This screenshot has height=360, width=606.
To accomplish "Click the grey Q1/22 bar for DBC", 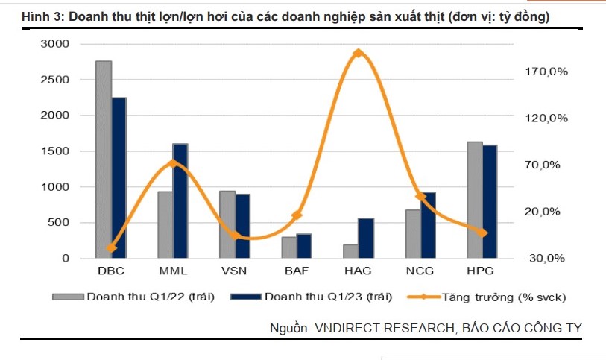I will click(104, 160).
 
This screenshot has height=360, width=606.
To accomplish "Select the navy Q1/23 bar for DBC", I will click(119, 178).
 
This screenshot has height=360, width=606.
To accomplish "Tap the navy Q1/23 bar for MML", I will click(180, 201).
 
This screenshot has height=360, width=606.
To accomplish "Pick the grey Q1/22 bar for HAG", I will click(350, 251).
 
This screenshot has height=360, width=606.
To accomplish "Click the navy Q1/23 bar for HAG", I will click(366, 239).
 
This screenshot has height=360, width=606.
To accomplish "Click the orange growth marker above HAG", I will click(359, 54).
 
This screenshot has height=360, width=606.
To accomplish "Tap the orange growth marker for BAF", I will click(297, 215).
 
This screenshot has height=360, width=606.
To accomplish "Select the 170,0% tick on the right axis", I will click(548, 72).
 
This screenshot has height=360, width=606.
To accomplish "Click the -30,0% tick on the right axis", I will click(548, 259).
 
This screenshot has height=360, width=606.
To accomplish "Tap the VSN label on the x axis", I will click(235, 271).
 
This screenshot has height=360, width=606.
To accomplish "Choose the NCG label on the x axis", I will click(420, 271).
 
